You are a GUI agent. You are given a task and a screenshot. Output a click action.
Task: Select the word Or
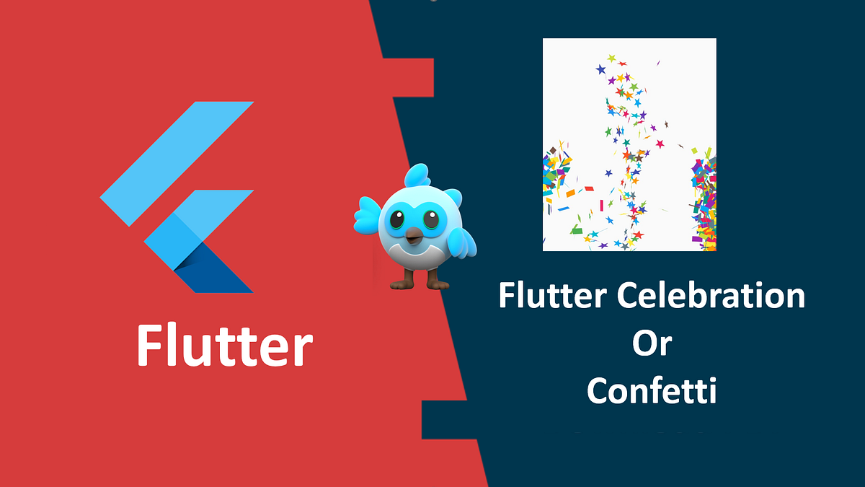pos(652,344)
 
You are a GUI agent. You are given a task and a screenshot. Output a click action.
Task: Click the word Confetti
pos(652,390)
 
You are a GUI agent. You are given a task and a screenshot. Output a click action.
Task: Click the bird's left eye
pos(396,219)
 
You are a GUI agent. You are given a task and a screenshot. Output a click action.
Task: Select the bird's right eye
pos(432,219)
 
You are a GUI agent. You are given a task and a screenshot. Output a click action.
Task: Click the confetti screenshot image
pos(629,144)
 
